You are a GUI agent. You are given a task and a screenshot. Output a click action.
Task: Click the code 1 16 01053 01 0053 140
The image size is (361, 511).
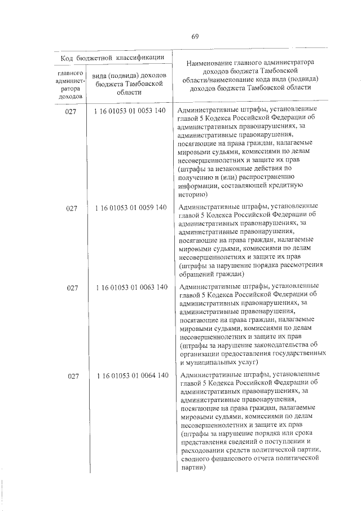pos(131,110)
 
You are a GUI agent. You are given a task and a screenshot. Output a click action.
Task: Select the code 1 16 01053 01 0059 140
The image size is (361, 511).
pos(131,207)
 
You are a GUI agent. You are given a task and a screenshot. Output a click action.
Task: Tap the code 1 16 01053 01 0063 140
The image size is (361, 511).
pos(131,287)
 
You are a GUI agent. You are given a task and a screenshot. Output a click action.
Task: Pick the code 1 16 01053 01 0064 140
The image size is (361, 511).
pos(131,375)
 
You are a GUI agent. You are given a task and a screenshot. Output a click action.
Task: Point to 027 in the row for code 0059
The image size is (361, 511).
pos(72,208)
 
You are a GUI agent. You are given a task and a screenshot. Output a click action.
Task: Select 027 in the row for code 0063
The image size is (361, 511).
pos(72,288)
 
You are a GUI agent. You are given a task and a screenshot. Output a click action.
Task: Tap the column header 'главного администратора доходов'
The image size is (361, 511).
pos(72,85)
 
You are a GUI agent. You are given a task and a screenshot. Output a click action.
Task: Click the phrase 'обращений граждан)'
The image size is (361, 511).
pos(211,274)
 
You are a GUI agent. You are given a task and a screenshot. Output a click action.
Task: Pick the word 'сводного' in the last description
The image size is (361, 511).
pos(193,459)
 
